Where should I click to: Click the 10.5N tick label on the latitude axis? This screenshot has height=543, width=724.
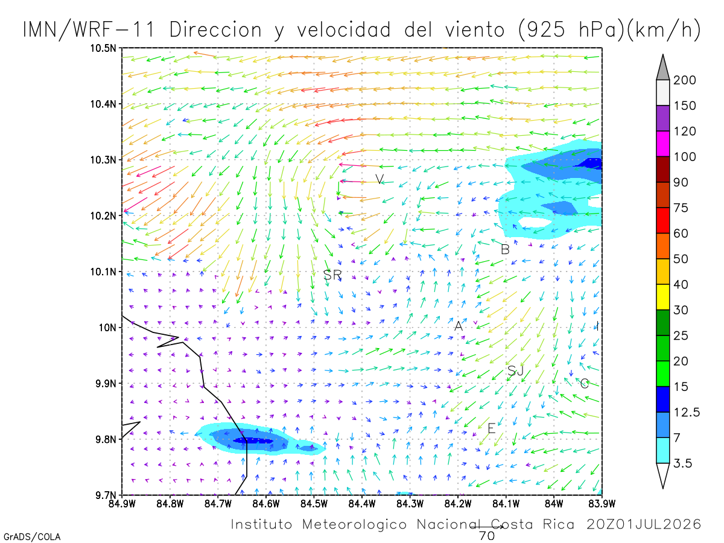pyautogui.click(x=103, y=48)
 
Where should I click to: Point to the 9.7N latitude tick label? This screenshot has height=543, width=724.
pyautogui.click(x=106, y=495)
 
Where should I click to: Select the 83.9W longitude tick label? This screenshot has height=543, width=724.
pyautogui.click(x=602, y=504)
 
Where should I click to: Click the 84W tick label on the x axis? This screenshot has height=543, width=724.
pyautogui.click(x=554, y=504)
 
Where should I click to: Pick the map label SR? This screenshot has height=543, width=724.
pyautogui.click(x=332, y=275)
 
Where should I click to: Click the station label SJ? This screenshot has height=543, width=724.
pyautogui.click(x=515, y=370)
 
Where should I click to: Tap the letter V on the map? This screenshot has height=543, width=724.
pyautogui.click(x=379, y=179)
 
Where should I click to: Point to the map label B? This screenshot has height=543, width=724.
pyautogui.click(x=505, y=249)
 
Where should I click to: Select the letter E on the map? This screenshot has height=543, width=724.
pyautogui.click(x=492, y=428)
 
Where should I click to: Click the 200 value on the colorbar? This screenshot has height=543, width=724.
pyautogui.click(x=684, y=80)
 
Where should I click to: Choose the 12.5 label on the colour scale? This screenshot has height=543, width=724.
pyautogui.click(x=687, y=412)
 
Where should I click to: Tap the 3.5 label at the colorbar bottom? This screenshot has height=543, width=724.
pyautogui.click(x=682, y=463)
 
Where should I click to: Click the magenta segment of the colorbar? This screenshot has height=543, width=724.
pyautogui.click(x=662, y=144)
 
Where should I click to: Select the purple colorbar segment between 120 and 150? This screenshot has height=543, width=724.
pyautogui.click(x=662, y=118)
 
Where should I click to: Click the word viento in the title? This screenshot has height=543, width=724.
pyautogui.click(x=475, y=30)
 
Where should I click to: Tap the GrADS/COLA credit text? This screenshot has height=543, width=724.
pyautogui.click(x=32, y=536)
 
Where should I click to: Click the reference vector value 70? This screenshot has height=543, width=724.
pyautogui.click(x=487, y=536)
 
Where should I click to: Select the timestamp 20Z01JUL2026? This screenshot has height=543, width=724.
pyautogui.click(x=644, y=524)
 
